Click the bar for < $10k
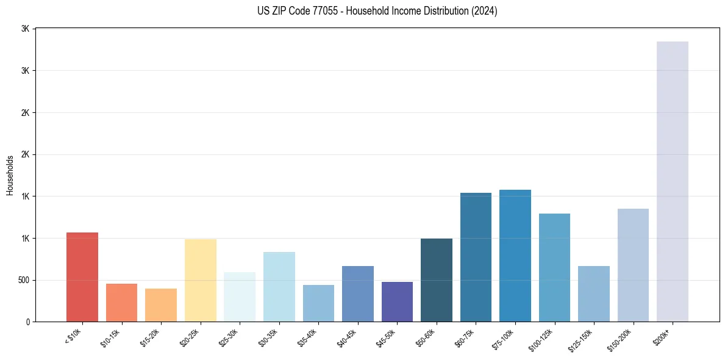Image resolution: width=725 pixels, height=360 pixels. click(x=82, y=277)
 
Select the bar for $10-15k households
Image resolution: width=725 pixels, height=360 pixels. click(x=121, y=303)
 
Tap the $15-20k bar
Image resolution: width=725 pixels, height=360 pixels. click(x=160, y=305)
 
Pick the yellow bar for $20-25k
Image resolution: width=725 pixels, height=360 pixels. click(x=200, y=280)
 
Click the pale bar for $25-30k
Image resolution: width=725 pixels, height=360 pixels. click(x=239, y=297)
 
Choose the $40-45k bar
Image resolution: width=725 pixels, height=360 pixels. click(x=357, y=293)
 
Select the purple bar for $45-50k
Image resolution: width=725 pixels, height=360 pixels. click(x=397, y=301)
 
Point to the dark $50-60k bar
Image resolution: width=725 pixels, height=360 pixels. click(x=436, y=280)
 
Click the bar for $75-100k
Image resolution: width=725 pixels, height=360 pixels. click(x=515, y=256)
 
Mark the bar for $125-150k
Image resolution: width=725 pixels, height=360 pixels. click(x=593, y=293)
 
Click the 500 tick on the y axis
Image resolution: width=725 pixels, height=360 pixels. click(x=23, y=280)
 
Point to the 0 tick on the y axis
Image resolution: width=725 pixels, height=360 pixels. click(x=28, y=322)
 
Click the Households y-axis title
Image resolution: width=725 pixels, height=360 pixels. click(x=10, y=175)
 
